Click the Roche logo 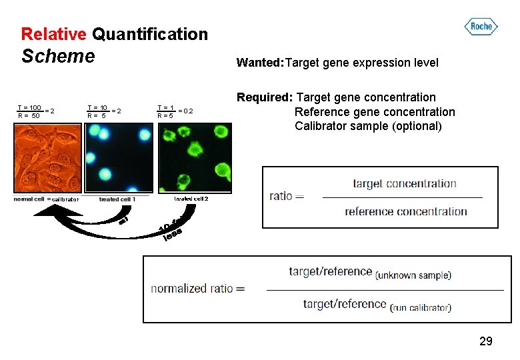[481, 27]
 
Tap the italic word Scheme [58, 56]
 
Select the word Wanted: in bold [260, 63]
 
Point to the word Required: [265, 97]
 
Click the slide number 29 [486, 341]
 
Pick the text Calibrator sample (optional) [368, 126]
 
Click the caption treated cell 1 [117, 199]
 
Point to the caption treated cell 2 [191, 199]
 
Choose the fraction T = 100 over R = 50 [30, 111]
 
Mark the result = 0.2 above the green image [185, 111]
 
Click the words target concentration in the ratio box [405, 183]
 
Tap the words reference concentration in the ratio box [406, 212]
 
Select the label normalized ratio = [198, 289]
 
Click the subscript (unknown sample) [413, 275]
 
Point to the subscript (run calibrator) [421, 307]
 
